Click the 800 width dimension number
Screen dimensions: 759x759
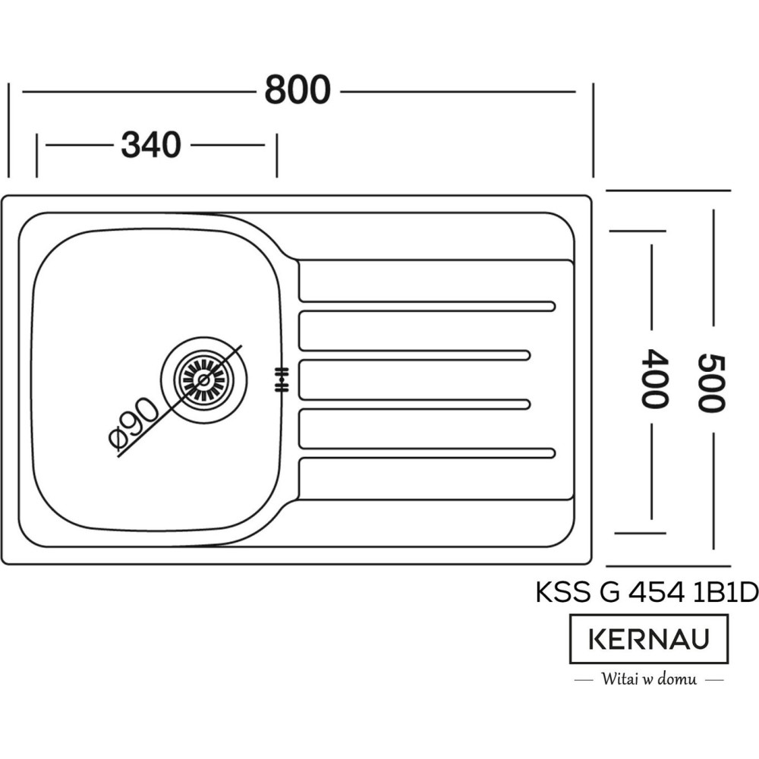pos(298,91)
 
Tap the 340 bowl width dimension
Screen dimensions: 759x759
pos(151,145)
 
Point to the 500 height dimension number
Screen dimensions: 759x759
pos(711,383)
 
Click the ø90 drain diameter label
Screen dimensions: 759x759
pos(134,428)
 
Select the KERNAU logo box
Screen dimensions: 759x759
pos(649,639)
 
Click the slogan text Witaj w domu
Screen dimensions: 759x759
pos(649,679)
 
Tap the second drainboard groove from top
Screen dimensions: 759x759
pos(414,355)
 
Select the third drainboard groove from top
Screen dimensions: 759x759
pos(414,405)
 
